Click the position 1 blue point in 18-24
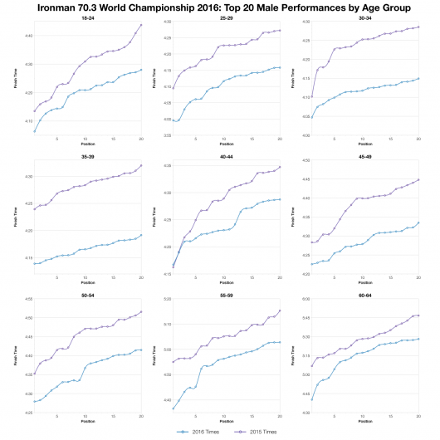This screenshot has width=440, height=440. pyautogui.click(x=34, y=131)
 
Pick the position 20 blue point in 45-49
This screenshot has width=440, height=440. pyautogui.click(x=418, y=222)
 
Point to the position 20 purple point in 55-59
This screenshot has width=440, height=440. pyautogui.click(x=281, y=310)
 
